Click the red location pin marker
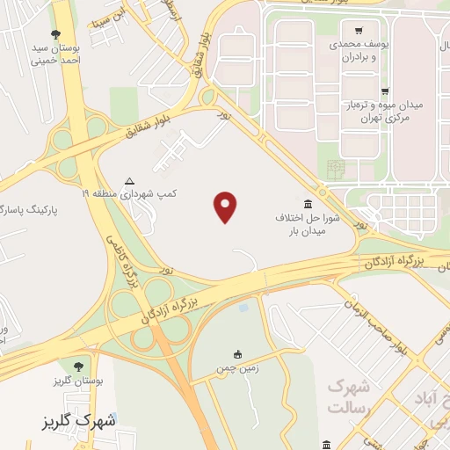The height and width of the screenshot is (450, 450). (x=226, y=206)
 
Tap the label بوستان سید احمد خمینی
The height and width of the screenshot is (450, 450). (x=55, y=54)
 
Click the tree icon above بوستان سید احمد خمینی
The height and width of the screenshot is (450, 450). (x=56, y=33)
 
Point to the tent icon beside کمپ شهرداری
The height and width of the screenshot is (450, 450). (x=130, y=178)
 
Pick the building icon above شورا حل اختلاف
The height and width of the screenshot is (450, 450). (x=307, y=203)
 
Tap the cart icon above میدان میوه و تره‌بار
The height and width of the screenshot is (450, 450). (x=383, y=91)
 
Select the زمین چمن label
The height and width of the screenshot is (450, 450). (x=238, y=369)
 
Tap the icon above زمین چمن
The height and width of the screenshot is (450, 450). (x=238, y=353)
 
